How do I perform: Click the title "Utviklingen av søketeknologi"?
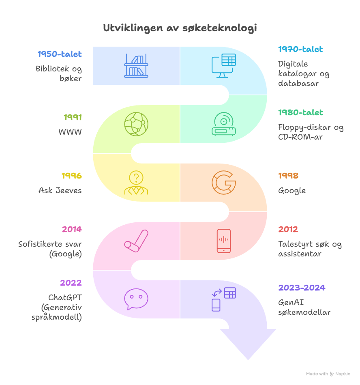(x=180, y=28)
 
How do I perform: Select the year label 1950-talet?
(x=60, y=54)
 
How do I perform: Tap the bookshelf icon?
(x=136, y=66)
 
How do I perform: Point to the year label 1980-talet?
(x=300, y=112)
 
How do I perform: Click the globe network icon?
(x=136, y=124)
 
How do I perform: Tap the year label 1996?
(x=71, y=176)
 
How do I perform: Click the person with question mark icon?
(x=136, y=182)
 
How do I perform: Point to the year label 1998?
(x=288, y=176)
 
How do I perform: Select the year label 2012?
(x=288, y=229)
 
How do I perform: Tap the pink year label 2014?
(x=71, y=229)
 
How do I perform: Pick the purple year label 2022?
(x=71, y=283)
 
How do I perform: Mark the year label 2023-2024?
(x=302, y=288)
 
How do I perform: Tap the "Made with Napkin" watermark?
(x=328, y=374)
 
